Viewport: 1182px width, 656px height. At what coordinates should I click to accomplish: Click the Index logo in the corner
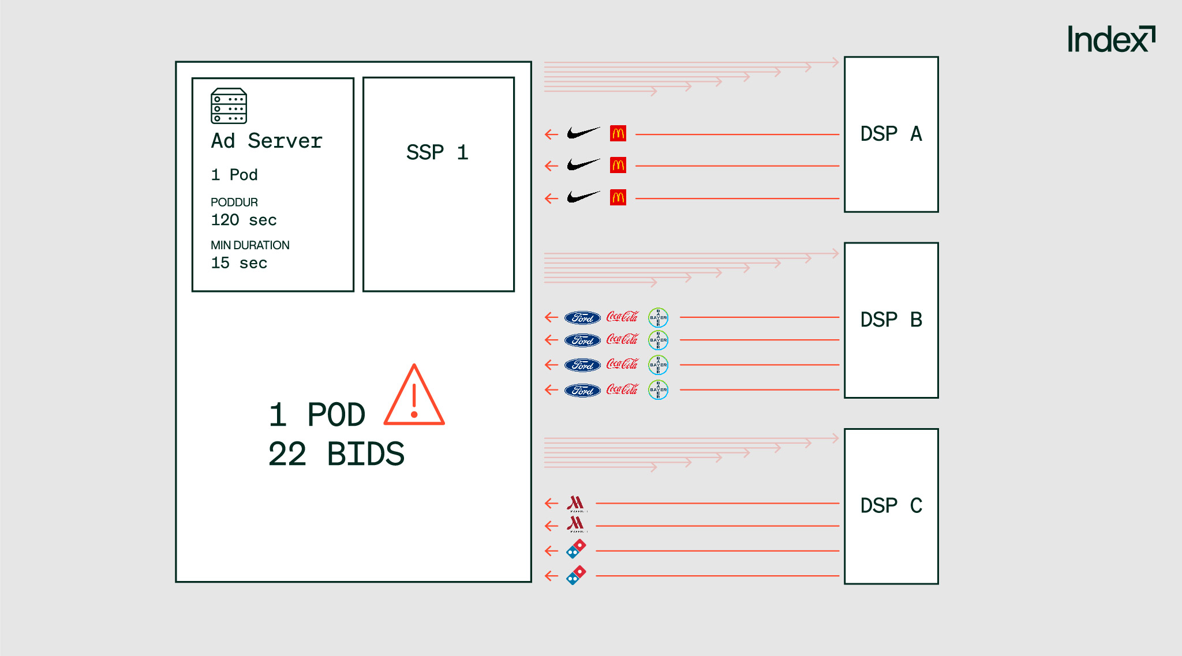click(x=1110, y=39)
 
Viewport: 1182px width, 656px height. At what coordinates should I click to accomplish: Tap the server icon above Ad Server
click(x=229, y=106)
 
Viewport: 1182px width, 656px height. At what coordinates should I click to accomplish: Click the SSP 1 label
click(x=437, y=152)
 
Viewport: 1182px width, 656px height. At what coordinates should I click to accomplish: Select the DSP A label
click(x=891, y=134)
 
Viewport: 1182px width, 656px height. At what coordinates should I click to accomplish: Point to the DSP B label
click(x=891, y=320)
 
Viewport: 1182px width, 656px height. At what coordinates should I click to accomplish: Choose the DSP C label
click(x=891, y=505)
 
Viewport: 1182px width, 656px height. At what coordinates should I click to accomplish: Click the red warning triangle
click(x=414, y=396)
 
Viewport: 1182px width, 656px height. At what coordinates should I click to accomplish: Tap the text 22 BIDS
click(x=336, y=454)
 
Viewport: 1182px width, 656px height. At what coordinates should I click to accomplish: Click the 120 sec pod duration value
click(x=244, y=220)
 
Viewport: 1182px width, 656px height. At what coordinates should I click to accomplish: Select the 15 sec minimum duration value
click(x=239, y=263)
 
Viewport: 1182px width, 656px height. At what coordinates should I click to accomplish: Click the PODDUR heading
click(x=234, y=202)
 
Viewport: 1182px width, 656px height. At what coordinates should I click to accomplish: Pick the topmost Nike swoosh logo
click(x=583, y=133)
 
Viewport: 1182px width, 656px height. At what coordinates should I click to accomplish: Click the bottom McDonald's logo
click(x=618, y=198)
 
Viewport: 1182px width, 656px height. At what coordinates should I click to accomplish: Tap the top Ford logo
click(x=582, y=317)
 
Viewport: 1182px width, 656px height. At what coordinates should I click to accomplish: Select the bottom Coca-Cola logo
click(x=622, y=390)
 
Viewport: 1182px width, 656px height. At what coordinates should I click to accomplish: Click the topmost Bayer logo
click(x=658, y=317)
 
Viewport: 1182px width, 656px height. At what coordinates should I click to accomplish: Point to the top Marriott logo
click(x=575, y=504)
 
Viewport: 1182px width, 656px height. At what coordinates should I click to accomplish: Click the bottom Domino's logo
click(x=576, y=575)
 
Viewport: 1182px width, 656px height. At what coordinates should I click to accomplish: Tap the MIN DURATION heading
click(x=250, y=245)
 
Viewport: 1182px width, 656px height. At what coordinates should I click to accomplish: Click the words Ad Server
click(x=267, y=141)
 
